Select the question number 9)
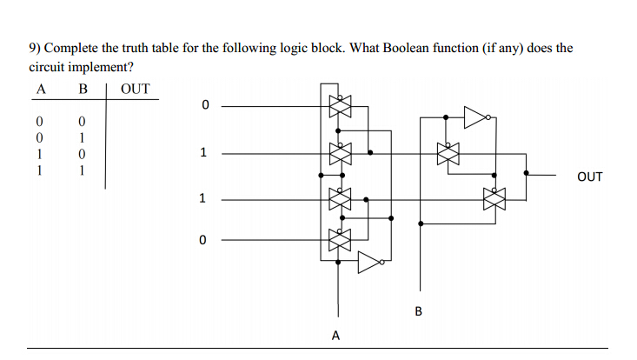point(36,47)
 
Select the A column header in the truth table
point(40,89)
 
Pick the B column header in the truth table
point(83,89)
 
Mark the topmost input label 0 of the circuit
point(205,106)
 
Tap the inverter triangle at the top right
point(475,116)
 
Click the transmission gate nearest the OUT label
point(494,199)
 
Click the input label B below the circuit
point(418,311)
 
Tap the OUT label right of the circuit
point(588,177)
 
